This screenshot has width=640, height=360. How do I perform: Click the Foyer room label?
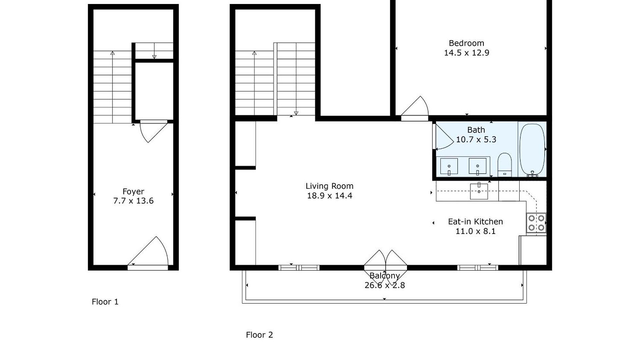(133, 192)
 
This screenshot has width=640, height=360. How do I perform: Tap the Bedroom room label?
(466, 43)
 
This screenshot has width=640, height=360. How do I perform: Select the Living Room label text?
(330, 186)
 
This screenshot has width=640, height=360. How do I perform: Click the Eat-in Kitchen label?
(475, 222)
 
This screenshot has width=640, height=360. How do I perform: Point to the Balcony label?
(385, 276)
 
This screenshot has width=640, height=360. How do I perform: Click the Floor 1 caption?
(105, 302)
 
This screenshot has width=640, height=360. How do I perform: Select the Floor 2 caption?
(259, 335)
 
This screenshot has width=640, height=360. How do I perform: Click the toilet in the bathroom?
(504, 165)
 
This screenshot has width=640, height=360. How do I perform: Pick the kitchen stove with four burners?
(536, 223)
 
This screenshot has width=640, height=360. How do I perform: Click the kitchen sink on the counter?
(479, 191)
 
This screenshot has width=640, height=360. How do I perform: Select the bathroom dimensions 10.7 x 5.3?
(476, 140)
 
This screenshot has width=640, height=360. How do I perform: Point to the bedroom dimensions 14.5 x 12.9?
(467, 53)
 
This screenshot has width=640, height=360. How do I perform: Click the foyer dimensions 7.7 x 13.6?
(133, 201)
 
